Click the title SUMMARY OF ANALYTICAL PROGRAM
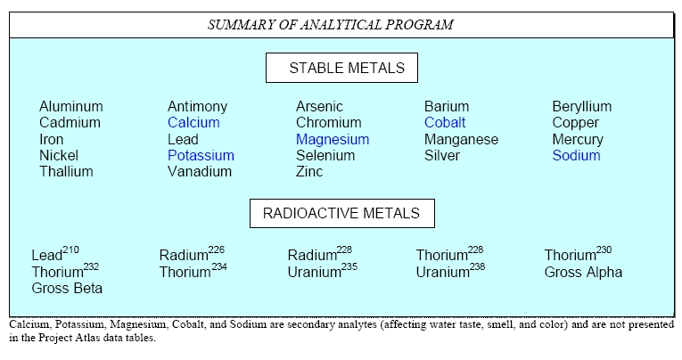331,24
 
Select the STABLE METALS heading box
341,68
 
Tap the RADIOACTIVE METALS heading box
341,214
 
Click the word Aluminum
71,107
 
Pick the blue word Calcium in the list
193,123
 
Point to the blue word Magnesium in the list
333,140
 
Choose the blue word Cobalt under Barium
445,123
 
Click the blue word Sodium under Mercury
576,156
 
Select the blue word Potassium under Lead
201,156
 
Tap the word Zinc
309,172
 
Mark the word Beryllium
582,107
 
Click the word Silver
442,156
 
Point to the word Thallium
66,172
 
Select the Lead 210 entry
55,253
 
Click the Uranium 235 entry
323,270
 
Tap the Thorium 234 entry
193,270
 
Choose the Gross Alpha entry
583,272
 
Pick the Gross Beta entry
67,288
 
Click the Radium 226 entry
192,253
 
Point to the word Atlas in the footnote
88,338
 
